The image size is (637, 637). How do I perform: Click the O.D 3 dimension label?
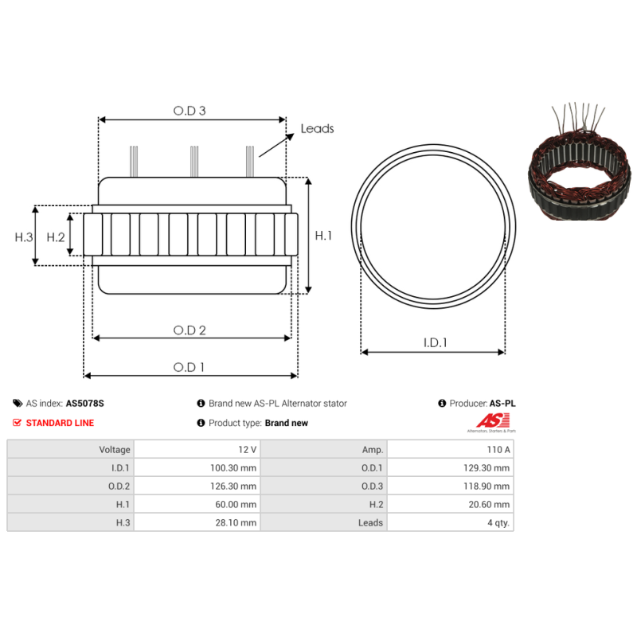click(190, 111)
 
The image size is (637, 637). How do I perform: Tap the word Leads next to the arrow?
click(317, 128)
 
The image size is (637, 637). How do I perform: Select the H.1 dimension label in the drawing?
click(323, 236)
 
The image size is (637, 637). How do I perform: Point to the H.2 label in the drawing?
click(55, 236)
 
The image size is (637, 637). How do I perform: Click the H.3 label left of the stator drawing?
click(24, 236)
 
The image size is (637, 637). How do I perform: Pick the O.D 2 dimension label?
click(190, 330)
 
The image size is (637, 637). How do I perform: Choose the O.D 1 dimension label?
click(190, 367)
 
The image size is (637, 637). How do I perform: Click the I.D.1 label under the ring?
click(434, 343)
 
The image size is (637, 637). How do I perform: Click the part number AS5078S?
click(84, 404)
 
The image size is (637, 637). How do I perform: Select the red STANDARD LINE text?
click(60, 423)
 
